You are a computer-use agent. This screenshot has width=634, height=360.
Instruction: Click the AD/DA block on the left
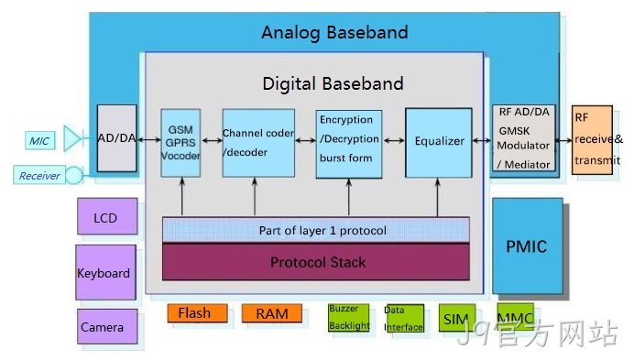(x=117, y=138)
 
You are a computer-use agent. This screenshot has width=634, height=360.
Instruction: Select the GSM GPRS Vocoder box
(x=180, y=143)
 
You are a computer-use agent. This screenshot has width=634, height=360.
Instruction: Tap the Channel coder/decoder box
(x=258, y=143)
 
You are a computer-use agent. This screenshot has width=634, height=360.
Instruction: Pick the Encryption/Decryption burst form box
(x=349, y=144)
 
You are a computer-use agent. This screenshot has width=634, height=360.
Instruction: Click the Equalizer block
(x=439, y=142)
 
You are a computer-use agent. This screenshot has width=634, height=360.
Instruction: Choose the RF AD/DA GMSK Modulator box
(x=524, y=138)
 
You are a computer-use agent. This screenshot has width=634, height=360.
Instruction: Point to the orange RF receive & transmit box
(x=592, y=140)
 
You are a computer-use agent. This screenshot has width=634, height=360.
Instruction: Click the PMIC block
(x=528, y=245)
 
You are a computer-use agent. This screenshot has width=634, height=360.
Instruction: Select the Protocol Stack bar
(x=316, y=262)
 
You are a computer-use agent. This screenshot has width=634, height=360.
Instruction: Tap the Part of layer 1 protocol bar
(x=316, y=230)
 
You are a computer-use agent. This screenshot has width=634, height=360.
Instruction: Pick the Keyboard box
(x=105, y=272)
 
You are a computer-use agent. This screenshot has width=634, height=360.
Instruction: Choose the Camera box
(x=107, y=326)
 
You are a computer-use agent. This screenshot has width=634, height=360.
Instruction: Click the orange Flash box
(x=198, y=313)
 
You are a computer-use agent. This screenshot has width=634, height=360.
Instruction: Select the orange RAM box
(x=272, y=313)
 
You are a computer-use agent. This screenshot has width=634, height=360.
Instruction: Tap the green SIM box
(x=457, y=319)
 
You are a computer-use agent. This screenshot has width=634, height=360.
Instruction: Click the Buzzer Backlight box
(x=349, y=318)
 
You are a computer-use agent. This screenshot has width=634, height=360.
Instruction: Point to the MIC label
(x=39, y=141)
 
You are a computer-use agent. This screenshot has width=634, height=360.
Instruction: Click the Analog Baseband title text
(x=334, y=32)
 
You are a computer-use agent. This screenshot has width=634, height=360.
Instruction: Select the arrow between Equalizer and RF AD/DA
(x=482, y=140)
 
